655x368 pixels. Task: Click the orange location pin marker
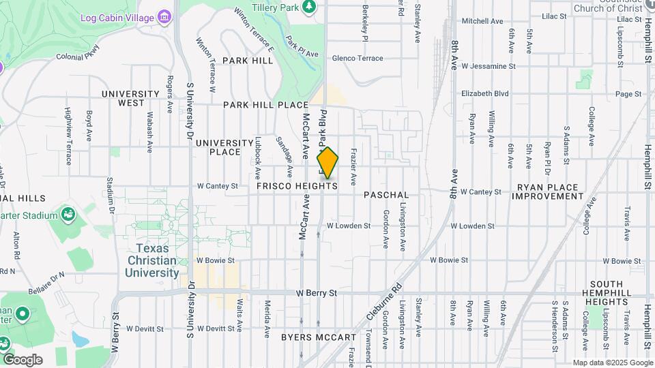click(x=328, y=163)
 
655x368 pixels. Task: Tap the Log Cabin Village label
click(x=117, y=17)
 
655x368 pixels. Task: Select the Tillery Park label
click(x=276, y=7)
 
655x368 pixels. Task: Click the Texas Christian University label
click(x=151, y=260)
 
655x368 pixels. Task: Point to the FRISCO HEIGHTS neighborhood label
click(x=297, y=186)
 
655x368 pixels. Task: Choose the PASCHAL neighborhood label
click(x=386, y=195)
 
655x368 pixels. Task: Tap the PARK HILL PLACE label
click(x=266, y=105)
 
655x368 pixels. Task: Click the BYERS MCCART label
click(x=318, y=337)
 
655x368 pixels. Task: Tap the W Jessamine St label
click(x=488, y=67)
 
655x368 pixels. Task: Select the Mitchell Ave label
click(x=482, y=21)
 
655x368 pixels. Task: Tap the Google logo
click(x=23, y=360)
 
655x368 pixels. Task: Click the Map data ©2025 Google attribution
click(x=613, y=363)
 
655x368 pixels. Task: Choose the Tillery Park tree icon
click(x=309, y=6)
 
